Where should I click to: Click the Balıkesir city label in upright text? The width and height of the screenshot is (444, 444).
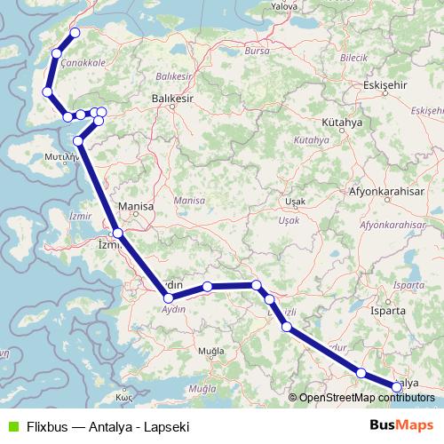171,99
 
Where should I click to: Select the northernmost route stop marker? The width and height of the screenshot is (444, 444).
75,33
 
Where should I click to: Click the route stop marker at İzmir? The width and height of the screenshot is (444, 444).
117,234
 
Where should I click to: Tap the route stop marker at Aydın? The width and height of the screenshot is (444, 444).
169,297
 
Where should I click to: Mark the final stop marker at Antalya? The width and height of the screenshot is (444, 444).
397,386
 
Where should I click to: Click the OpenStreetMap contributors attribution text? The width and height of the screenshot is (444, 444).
366,398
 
